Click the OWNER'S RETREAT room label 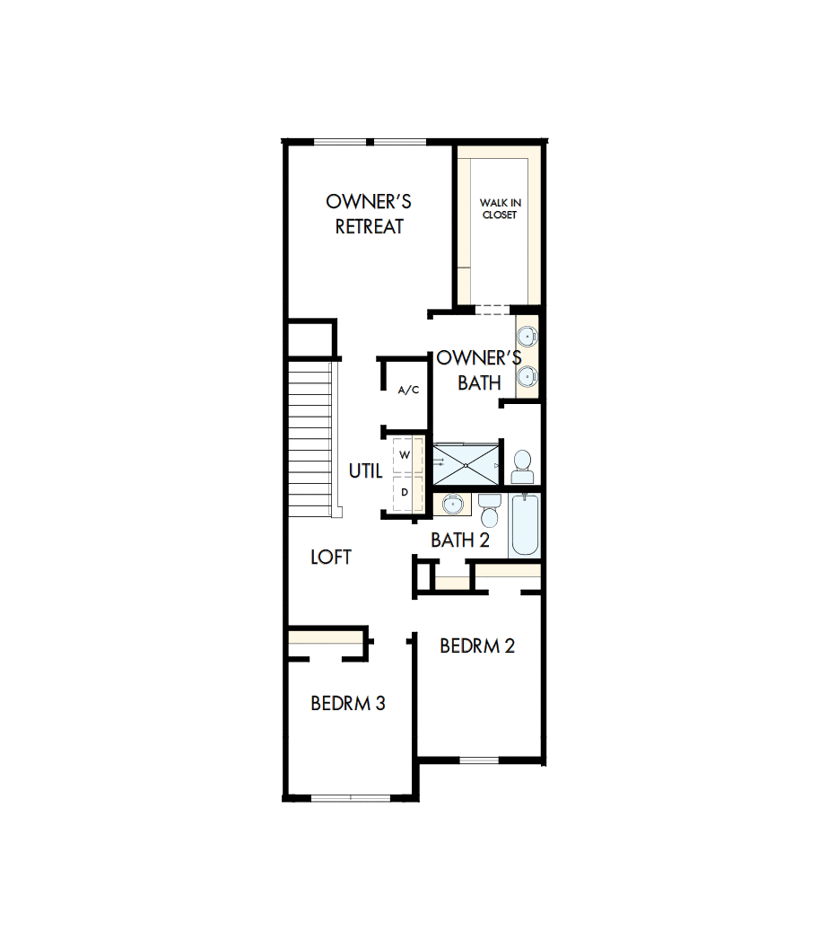369,214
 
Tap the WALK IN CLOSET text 500,209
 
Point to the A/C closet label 408,390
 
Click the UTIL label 366,471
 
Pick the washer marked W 405,456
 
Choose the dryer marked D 405,492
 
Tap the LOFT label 331,558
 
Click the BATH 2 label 460,540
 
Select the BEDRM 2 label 477,646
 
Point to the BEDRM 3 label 348,703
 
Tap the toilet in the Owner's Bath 522,466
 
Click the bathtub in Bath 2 526,527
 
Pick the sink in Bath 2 454,505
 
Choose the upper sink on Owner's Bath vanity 528,338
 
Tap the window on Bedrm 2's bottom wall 478,760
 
